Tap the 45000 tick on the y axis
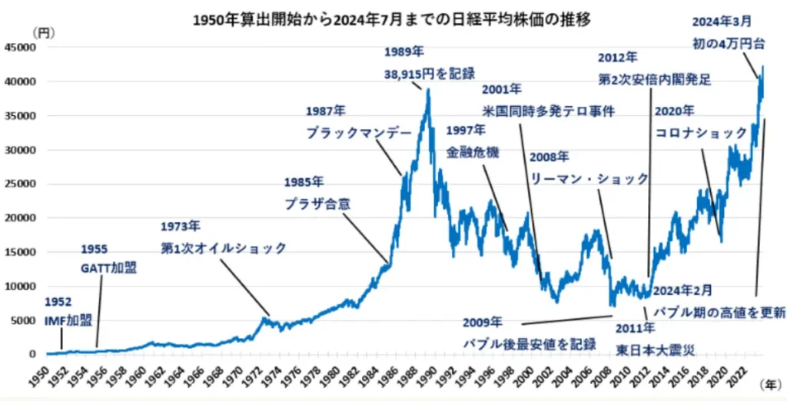(22, 47)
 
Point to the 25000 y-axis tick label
(22, 184)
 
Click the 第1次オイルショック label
(224, 247)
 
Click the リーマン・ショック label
(589, 178)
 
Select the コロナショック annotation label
(701, 132)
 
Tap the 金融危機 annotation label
(473, 151)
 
